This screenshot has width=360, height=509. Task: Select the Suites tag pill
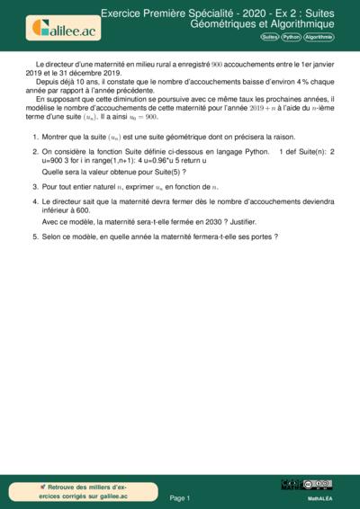coord(269,37)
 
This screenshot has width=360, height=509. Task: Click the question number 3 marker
coord(33,185)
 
